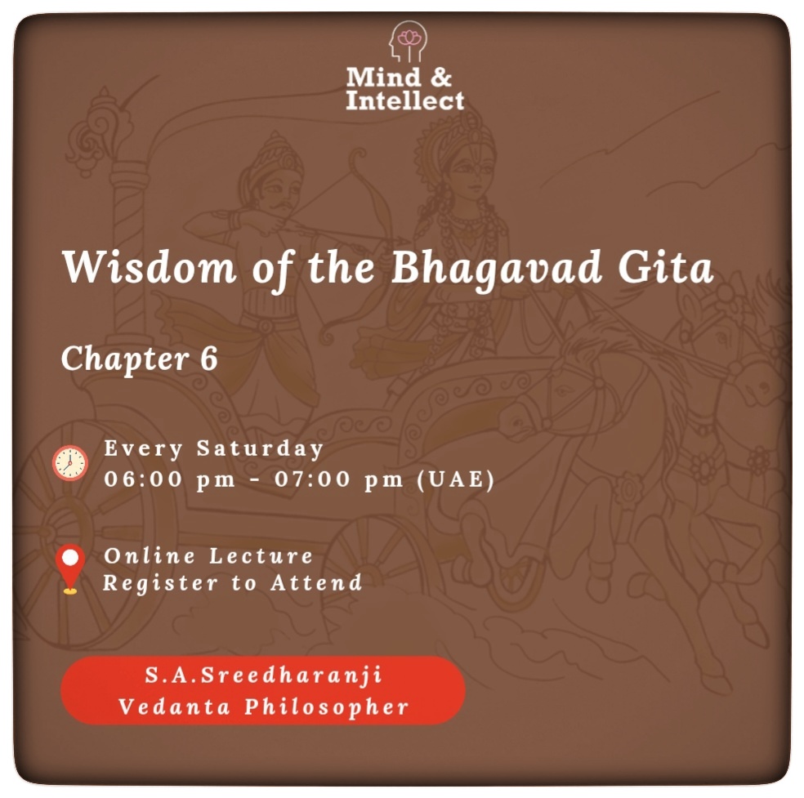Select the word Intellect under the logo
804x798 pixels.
click(x=404, y=100)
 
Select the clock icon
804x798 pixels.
click(x=70, y=463)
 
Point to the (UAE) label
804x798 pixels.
click(x=455, y=479)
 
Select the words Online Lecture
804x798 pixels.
click(x=208, y=556)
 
